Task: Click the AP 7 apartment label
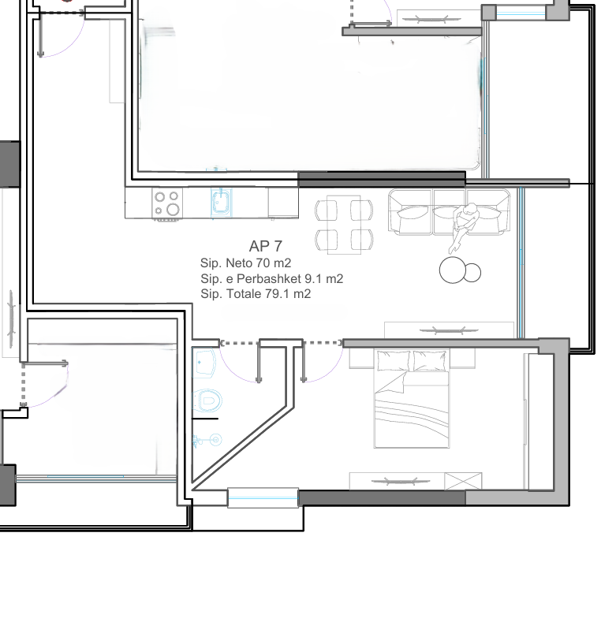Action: (265, 246)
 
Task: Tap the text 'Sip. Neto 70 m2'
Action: (245, 263)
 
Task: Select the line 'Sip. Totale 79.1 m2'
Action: (256, 294)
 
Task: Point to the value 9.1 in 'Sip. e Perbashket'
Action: (313, 279)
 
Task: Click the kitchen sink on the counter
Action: (221, 203)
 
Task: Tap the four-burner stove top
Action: (167, 203)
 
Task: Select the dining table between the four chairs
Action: (344, 225)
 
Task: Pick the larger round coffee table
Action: (453, 270)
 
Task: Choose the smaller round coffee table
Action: (472, 273)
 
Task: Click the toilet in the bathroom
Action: (207, 400)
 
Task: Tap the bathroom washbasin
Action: (204, 363)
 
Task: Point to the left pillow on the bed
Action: (394, 361)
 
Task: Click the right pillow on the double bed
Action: (430, 361)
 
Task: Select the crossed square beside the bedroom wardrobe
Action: (463, 482)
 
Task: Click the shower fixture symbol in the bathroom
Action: (208, 440)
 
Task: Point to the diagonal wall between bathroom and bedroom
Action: (242, 445)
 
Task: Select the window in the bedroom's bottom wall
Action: (263, 497)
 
